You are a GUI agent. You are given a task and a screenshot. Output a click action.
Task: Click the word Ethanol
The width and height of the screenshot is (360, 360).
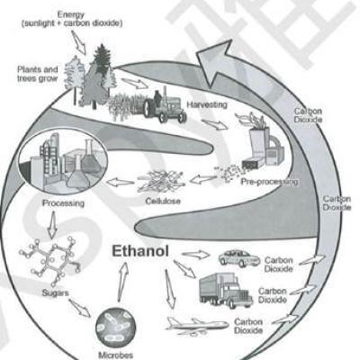tap(140, 251)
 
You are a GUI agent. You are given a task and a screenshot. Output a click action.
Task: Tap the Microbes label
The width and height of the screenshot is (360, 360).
tap(115, 355)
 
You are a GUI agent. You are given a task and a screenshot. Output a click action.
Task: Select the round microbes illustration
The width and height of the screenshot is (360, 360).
tap(116, 328)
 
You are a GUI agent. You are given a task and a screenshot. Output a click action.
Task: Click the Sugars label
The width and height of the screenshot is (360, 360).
tap(55, 293)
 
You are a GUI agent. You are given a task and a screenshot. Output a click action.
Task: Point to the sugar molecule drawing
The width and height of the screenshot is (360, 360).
tap(50, 260)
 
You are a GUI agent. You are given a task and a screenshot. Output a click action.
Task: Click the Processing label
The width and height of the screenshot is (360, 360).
tap(63, 203)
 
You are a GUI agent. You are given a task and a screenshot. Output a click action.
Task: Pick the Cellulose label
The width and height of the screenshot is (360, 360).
tap(163, 201)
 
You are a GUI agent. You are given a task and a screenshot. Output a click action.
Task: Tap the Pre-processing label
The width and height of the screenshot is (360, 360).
tap(269, 182)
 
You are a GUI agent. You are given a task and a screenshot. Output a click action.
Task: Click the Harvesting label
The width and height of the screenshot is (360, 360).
tap(207, 104)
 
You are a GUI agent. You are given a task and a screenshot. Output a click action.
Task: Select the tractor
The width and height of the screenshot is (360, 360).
tap(165, 105)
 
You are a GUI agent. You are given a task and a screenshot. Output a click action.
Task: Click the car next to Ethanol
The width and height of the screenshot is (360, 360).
tap(239, 258)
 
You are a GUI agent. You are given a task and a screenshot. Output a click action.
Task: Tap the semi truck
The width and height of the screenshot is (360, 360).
tap(225, 291)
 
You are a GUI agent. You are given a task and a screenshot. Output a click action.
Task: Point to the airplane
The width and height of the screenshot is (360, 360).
tap(197, 325)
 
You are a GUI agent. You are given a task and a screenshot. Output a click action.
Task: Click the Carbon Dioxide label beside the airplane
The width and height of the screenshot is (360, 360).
tap(248, 326)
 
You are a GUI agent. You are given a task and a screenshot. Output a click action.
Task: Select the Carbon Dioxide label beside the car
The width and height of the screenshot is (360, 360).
tap(278, 265)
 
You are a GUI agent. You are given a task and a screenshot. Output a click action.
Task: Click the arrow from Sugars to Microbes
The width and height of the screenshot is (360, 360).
tap(79, 308)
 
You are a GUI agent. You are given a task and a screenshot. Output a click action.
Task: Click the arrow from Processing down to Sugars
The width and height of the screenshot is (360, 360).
tap(53, 225)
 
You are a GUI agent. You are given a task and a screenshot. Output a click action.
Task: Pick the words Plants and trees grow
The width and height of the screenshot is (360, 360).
tap(38, 74)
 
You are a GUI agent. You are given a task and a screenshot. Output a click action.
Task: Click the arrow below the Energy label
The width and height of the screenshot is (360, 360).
tap(78, 42)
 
